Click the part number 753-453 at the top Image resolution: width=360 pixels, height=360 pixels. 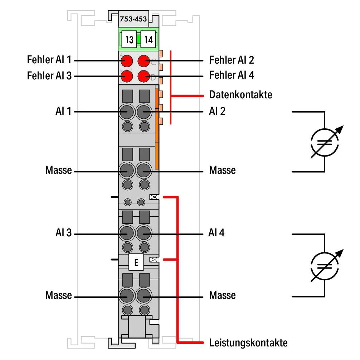coord(133,19)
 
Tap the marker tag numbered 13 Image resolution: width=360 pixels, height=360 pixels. coord(129,39)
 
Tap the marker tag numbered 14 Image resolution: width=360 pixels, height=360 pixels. coord(148,39)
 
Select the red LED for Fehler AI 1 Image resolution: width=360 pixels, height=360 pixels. coord(127,61)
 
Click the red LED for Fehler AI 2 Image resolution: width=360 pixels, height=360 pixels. coord(144,61)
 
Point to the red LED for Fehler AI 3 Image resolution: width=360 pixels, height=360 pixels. coord(127,76)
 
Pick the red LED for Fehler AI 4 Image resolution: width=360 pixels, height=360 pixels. coord(144,76)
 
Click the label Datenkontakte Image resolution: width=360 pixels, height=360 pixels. coord(241,95)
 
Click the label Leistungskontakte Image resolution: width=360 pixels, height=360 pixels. coord(248,342)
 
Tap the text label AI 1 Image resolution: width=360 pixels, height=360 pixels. coord(63,111)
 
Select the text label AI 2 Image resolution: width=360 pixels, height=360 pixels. coord(217,111)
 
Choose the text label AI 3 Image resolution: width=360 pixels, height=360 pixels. coord(63,233)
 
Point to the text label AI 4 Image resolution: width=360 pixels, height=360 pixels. coord(216,233)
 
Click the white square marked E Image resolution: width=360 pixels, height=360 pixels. coord(136,262)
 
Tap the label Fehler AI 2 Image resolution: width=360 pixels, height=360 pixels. coord(232,60)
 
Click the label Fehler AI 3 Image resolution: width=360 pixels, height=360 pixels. coord(49,75)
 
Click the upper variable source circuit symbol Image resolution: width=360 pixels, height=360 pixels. coord(325,142)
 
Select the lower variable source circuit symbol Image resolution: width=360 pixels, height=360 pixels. coord(325,266)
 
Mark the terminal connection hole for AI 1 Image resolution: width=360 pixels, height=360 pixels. coord(127,112)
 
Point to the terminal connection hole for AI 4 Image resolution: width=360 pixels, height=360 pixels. coord(144,233)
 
